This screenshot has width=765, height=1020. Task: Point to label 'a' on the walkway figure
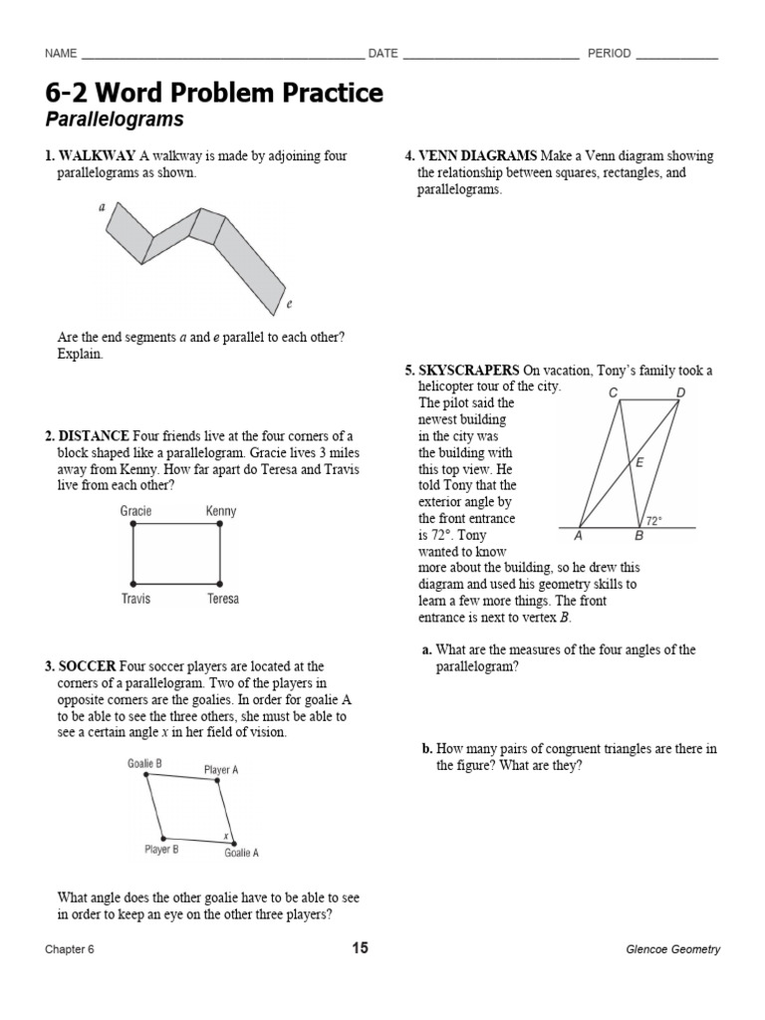102,208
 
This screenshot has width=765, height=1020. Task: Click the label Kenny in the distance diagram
220,511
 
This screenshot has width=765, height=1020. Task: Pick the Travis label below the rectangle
135,599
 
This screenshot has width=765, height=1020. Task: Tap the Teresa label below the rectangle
222,599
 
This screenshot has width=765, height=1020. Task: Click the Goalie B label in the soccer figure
144,764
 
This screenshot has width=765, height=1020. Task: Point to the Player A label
220,770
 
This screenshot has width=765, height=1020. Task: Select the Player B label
162,850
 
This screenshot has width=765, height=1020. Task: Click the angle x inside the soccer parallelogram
226,835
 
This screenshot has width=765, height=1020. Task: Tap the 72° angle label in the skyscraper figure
654,520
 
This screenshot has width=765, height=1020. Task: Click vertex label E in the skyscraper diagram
638,462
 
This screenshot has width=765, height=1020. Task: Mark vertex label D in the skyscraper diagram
681,392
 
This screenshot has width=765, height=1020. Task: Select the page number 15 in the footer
360,948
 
